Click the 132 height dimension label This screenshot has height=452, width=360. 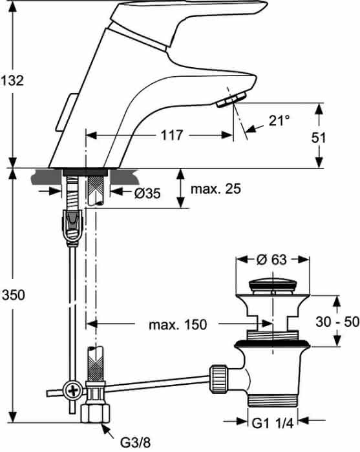12,81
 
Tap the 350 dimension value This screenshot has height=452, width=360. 14,295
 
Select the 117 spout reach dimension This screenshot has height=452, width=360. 172,135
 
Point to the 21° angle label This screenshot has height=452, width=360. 279,120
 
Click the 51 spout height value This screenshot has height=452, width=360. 319,138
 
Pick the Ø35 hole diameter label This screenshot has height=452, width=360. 147,194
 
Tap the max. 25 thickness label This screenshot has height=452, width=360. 216,189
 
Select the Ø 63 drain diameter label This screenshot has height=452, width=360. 271,260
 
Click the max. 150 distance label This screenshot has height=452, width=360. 178,325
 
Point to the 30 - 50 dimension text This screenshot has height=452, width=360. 337,322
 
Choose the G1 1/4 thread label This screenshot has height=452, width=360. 273,423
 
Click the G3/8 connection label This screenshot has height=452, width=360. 135,442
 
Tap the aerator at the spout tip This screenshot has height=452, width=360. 231,99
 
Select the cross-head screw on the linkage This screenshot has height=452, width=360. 72,391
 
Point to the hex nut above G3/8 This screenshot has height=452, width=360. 95,413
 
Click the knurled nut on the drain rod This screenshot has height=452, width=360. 218,379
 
